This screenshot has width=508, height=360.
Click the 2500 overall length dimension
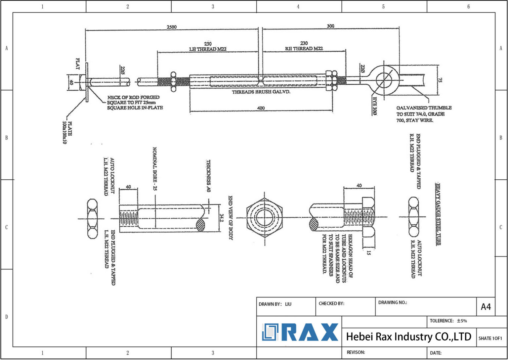click(x=171, y=27)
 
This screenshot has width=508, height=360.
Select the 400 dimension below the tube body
click(x=261, y=108)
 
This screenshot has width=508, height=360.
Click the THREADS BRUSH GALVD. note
click(x=261, y=92)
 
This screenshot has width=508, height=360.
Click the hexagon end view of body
click(x=264, y=218)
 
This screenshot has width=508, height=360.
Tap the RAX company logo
click(x=300, y=332)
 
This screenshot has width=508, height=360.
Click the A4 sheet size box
click(x=485, y=307)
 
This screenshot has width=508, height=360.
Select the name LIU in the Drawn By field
click(x=288, y=304)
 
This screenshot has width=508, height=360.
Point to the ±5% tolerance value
click(x=462, y=321)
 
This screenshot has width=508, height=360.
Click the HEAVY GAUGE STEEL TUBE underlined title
click(x=438, y=214)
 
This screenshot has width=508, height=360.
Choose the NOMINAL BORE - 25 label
click(x=154, y=169)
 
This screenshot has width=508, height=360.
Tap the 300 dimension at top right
click(x=330, y=26)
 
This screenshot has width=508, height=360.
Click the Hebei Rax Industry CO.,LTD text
click(x=408, y=337)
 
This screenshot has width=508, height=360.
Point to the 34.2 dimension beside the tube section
click(x=222, y=218)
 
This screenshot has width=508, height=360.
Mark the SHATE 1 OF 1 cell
click(x=490, y=338)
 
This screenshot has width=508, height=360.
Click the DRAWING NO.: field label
click(x=393, y=302)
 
